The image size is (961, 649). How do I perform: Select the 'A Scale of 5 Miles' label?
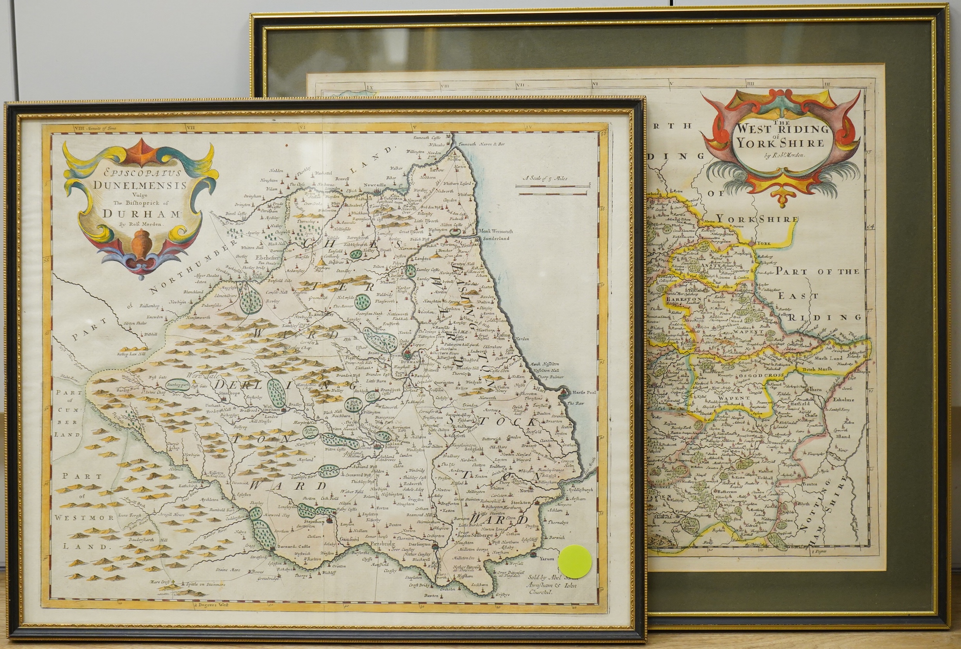(545, 179)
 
